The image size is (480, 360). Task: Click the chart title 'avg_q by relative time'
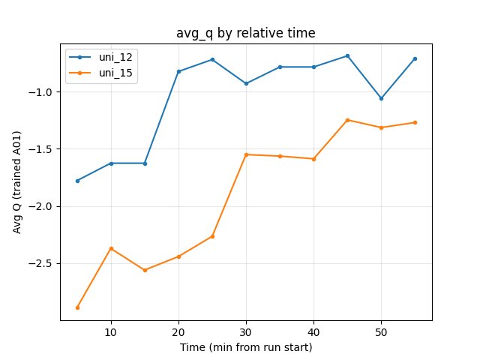(245, 33)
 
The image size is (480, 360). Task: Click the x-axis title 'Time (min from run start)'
(245, 347)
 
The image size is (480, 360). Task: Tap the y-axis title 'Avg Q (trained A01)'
(16, 181)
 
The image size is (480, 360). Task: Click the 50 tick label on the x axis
(381, 331)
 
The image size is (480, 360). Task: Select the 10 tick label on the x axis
(111, 331)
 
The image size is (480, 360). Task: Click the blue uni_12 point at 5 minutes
(77, 181)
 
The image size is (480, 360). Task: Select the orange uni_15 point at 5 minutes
(77, 307)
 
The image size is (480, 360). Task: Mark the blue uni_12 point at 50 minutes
(381, 98)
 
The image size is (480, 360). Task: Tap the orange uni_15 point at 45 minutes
(347, 120)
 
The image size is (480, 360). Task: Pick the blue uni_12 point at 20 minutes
(178, 71)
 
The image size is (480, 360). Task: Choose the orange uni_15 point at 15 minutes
(145, 270)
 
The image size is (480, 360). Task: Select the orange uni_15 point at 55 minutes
(415, 122)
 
